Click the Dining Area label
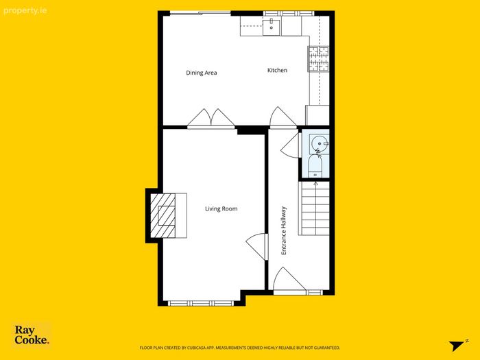(x=202, y=73)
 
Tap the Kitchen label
(x=277, y=70)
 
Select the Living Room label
(x=221, y=208)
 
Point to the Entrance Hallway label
(x=284, y=230)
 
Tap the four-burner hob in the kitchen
(x=318, y=59)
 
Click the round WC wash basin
(x=320, y=143)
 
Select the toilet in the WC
(x=315, y=166)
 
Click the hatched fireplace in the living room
(x=163, y=215)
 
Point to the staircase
(x=314, y=208)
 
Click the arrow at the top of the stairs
(x=315, y=184)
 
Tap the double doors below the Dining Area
(x=211, y=117)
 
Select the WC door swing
(x=290, y=145)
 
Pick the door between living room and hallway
(x=256, y=247)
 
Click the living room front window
(x=201, y=303)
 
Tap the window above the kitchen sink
(x=289, y=13)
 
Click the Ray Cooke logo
(x=32, y=335)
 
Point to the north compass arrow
(x=457, y=346)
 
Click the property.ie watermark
(x=25, y=11)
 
